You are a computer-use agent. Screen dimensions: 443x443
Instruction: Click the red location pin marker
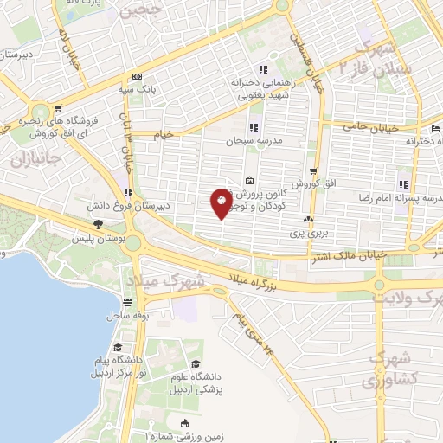(221, 204)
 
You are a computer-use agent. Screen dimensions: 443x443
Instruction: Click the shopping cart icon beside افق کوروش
(313, 171)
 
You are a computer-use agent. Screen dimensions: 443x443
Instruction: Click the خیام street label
(164, 134)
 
